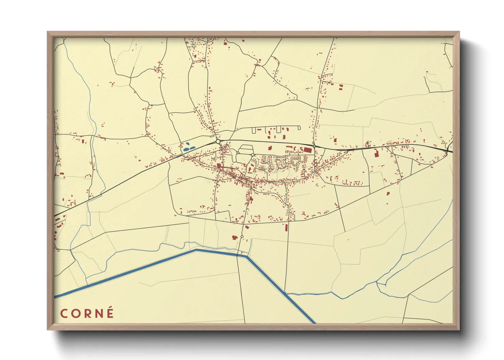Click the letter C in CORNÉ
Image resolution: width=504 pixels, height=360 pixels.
[64, 313]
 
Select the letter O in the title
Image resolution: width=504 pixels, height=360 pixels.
[76, 313]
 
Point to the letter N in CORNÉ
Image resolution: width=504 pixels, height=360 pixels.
[98, 313]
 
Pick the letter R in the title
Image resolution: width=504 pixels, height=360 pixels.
[87, 313]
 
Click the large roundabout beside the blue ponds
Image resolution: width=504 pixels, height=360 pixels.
[218, 141]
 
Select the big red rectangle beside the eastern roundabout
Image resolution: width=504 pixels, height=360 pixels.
[308, 150]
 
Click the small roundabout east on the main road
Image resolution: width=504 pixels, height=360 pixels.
[314, 146]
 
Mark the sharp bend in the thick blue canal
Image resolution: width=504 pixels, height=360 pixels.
[247, 256]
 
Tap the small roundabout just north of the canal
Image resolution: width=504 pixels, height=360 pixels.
[242, 236]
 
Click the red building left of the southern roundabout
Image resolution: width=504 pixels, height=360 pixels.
[234, 237]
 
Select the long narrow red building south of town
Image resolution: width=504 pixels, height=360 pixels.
[286, 227]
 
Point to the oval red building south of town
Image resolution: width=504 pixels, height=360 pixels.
[247, 227]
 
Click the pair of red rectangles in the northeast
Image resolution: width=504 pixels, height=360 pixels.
[341, 87]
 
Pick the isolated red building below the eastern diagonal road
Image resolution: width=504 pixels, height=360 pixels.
[388, 194]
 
